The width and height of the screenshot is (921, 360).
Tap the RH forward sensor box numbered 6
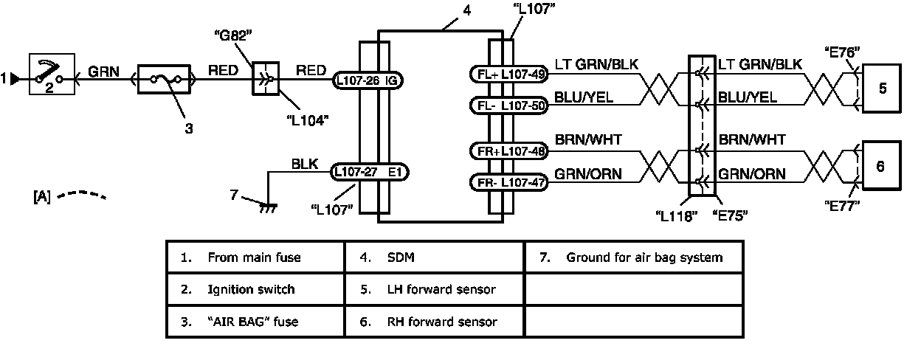coord(882,165)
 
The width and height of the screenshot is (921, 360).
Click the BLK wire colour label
coord(305,165)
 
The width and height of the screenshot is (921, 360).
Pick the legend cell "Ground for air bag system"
coord(633,257)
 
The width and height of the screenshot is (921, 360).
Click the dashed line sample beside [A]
coord(81,195)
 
